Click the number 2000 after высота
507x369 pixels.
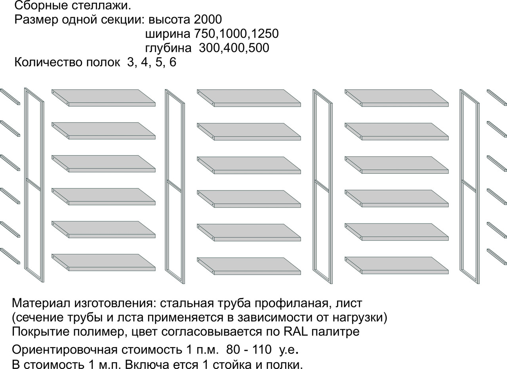[x=208, y=19]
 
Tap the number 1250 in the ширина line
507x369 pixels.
[x=265, y=34]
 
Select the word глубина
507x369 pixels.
[x=168, y=48]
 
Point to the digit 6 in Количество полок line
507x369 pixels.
[x=173, y=62]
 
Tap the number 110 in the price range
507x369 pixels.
[x=262, y=350]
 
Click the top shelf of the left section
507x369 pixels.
[x=103, y=98]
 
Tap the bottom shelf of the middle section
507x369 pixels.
[x=249, y=266]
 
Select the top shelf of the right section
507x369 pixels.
[x=396, y=98]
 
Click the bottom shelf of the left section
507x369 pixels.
[x=103, y=263]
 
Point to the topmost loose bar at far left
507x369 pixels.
[x=10, y=97]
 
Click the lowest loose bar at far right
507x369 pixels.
[x=497, y=257]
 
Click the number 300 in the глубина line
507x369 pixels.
[x=209, y=48]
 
